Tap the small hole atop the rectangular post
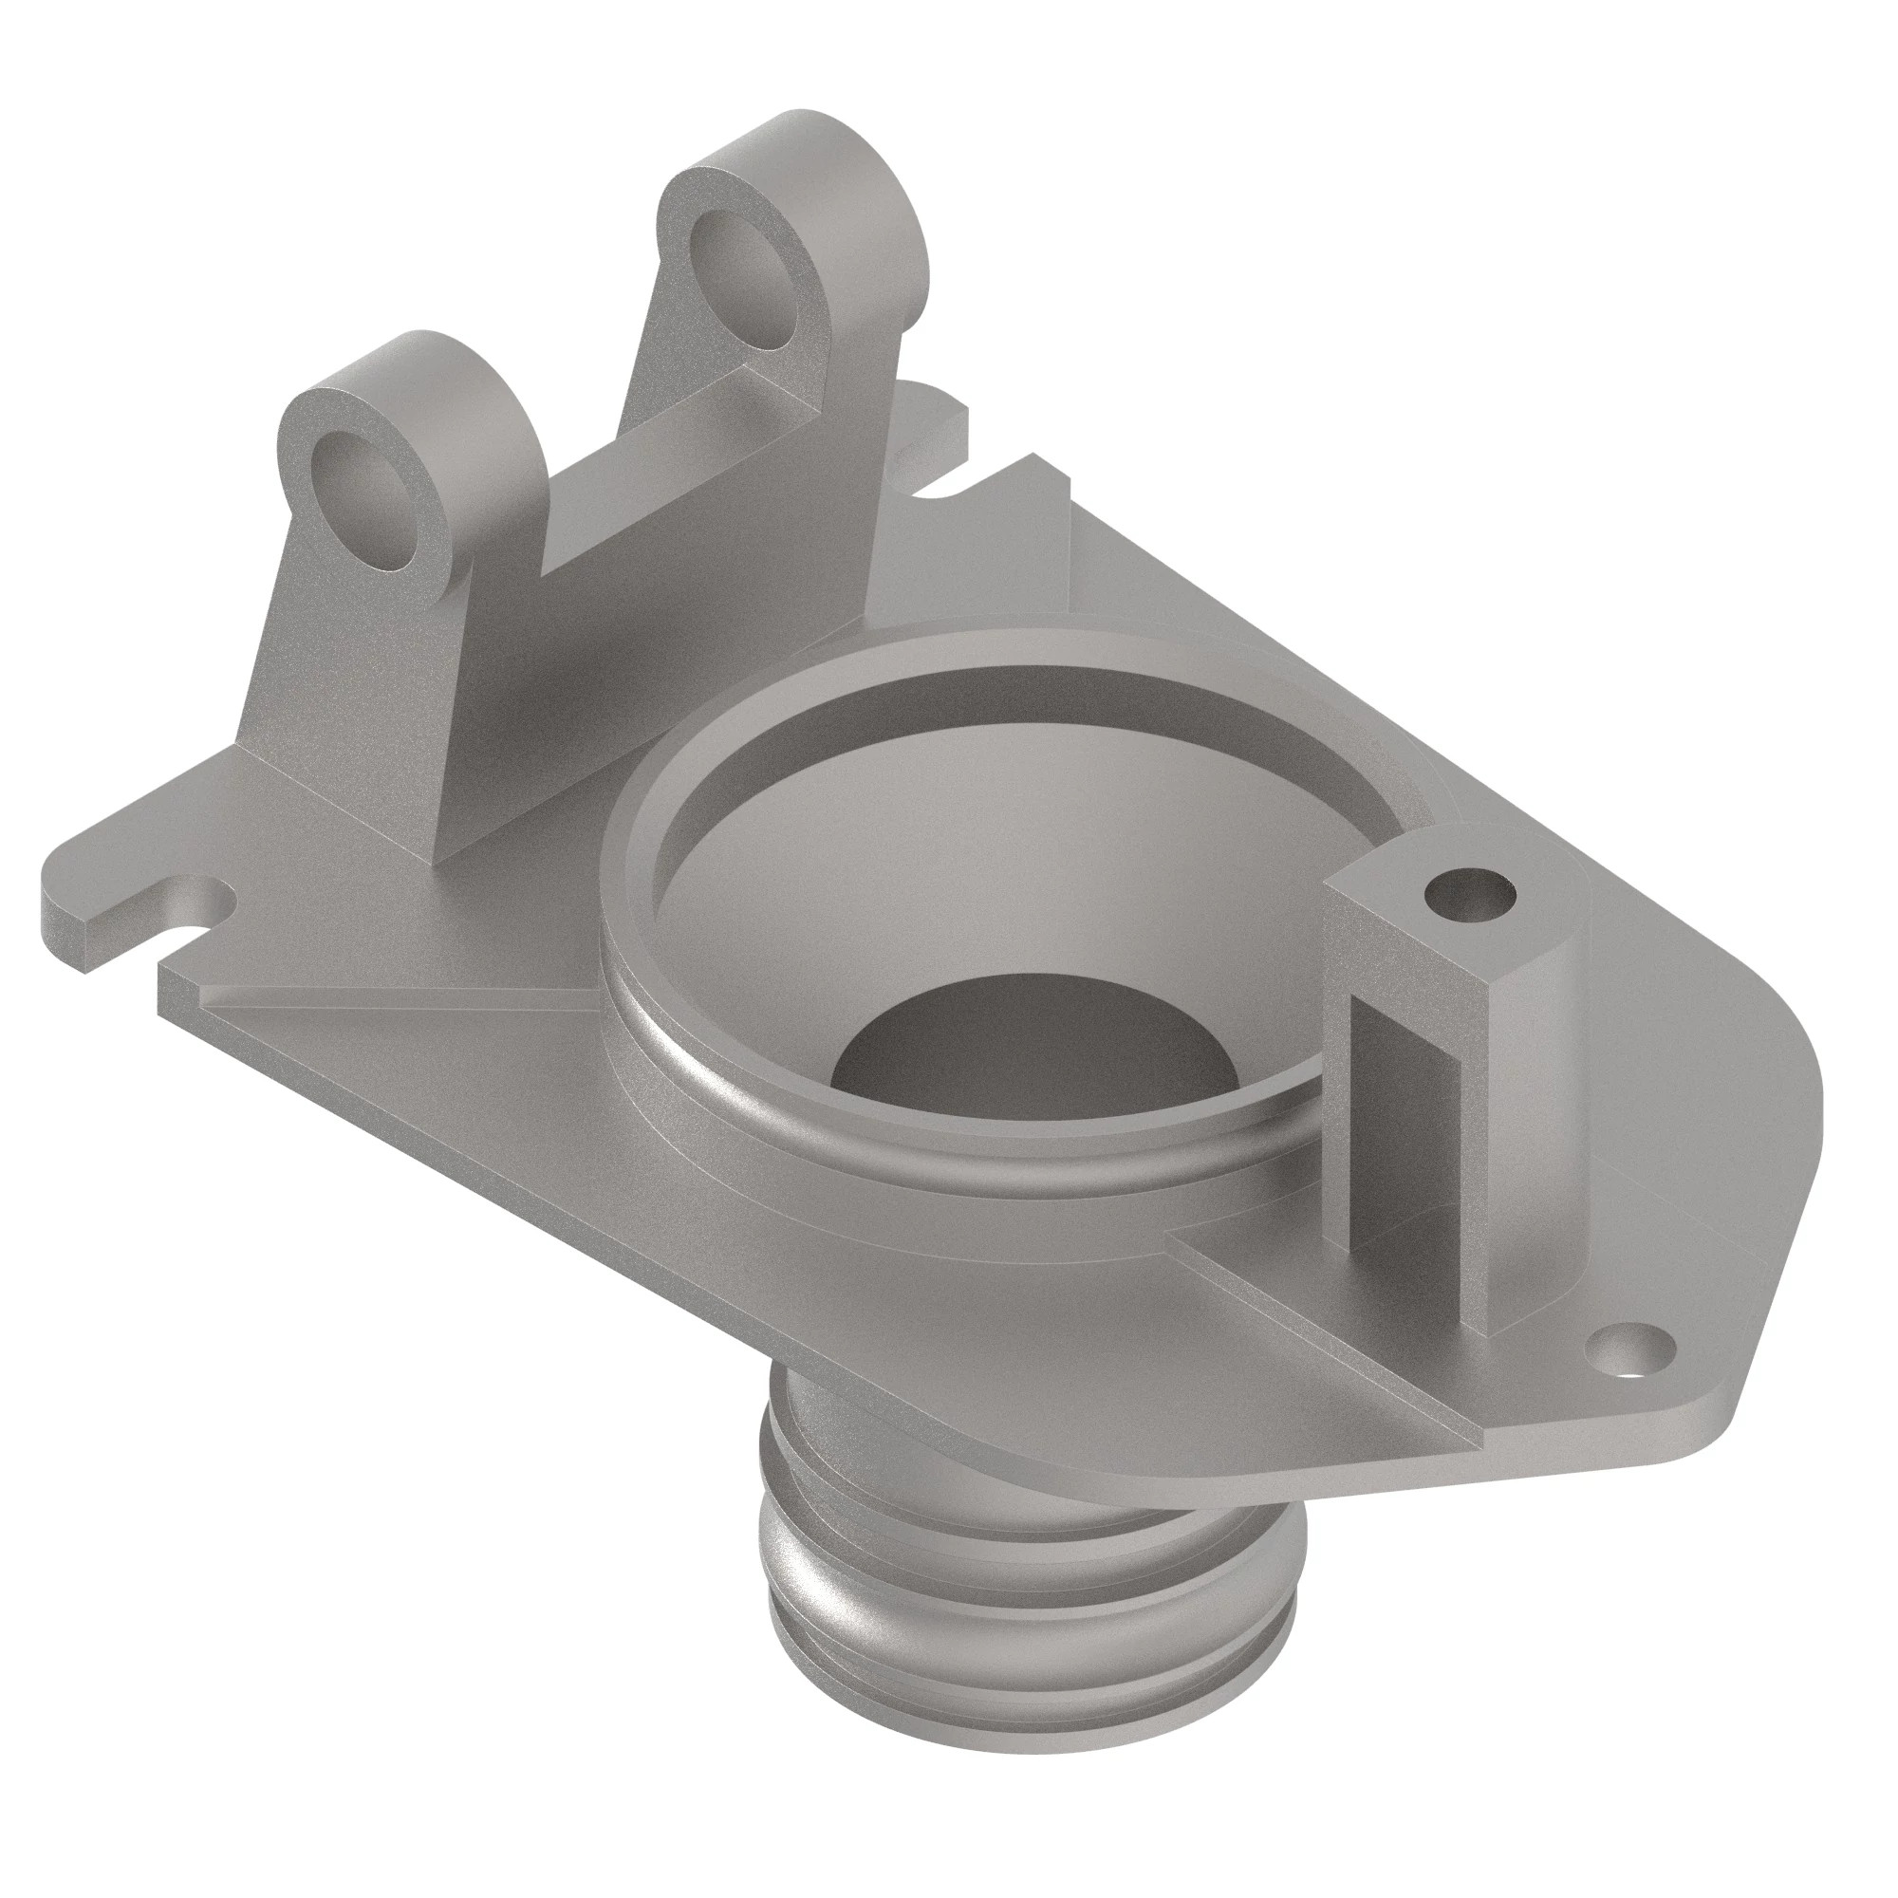click(1471, 895)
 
